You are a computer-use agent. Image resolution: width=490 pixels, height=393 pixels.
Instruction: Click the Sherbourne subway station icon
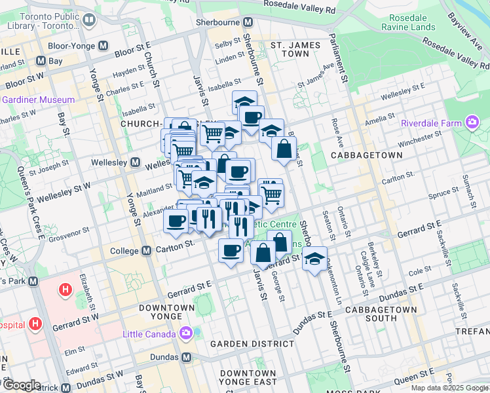[248, 22]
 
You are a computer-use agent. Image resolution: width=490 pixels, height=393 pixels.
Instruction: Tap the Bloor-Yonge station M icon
[102, 47]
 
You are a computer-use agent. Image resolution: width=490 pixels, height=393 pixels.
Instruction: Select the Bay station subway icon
[41, 61]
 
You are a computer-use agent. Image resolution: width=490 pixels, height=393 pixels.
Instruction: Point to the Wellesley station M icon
[135, 162]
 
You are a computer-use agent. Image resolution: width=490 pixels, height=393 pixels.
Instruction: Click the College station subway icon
[147, 251]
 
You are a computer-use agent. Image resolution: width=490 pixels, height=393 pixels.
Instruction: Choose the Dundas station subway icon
[187, 358]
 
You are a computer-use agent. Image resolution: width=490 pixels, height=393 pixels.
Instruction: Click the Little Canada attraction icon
[187, 333]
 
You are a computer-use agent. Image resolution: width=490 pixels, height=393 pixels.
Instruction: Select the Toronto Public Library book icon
[88, 20]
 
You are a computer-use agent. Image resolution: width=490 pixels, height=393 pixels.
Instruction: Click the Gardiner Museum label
[38, 100]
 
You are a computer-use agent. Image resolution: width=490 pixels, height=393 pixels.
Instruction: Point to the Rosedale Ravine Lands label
[407, 22]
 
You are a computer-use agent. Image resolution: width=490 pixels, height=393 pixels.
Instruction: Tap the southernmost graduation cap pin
[315, 257]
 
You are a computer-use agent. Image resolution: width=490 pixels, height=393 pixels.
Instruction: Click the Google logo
[21, 385]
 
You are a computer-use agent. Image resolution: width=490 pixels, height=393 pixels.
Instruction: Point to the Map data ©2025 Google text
[449, 388]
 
